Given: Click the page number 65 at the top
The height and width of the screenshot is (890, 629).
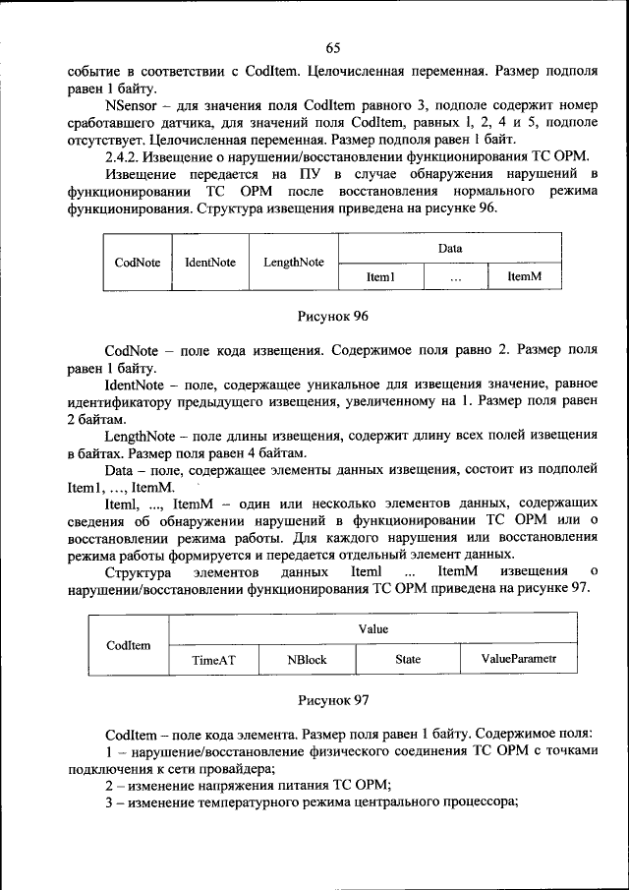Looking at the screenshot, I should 331,48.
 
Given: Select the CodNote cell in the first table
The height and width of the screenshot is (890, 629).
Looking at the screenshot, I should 137,263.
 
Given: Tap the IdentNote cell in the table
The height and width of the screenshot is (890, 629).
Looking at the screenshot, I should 210,263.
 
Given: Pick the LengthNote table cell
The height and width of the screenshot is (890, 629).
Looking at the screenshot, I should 294,263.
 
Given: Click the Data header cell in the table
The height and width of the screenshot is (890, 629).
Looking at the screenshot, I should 449,249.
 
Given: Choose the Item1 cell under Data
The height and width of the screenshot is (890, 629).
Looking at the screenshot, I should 380,278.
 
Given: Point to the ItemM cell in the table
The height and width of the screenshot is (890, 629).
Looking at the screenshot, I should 525,278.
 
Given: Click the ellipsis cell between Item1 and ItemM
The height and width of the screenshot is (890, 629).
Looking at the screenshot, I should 456,278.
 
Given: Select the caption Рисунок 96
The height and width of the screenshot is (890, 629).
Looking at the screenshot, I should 332,317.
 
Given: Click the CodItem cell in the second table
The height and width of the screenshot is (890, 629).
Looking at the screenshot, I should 128,645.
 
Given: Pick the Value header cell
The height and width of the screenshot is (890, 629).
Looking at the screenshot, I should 372,629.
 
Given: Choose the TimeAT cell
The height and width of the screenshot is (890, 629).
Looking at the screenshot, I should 213,661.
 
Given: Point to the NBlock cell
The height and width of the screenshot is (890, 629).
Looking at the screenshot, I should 306,661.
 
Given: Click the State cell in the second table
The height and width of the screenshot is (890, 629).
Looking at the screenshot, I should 407,661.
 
